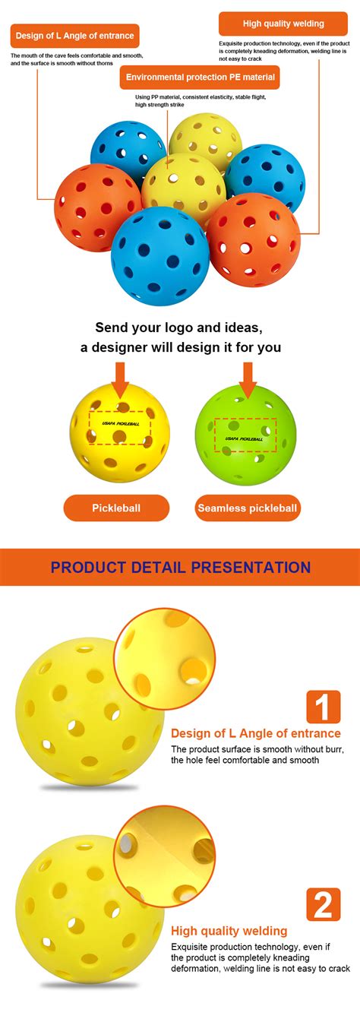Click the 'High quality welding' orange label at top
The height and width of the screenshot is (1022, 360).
[283, 24]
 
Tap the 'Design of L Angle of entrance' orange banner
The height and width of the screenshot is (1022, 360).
[74, 36]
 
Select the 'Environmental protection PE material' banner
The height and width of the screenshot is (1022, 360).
[199, 78]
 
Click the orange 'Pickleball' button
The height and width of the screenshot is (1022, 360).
[116, 508]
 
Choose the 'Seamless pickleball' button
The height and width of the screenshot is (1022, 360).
[247, 508]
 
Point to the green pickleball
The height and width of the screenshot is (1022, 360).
[246, 435]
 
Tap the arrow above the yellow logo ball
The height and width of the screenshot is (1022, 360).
[120, 378]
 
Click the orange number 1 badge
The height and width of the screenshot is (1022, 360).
[323, 707]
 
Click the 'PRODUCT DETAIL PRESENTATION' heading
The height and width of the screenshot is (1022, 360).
[180, 568]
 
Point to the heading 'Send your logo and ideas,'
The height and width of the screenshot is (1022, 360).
[179, 327]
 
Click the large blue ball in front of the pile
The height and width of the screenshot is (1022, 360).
[160, 257]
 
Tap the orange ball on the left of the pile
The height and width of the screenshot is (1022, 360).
[97, 207]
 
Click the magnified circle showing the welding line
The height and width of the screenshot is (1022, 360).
[165, 857]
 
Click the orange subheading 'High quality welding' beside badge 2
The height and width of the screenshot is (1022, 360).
[229, 930]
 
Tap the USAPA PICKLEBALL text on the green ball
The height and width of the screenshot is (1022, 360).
[245, 438]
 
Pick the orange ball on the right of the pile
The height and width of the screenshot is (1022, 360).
[254, 240]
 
